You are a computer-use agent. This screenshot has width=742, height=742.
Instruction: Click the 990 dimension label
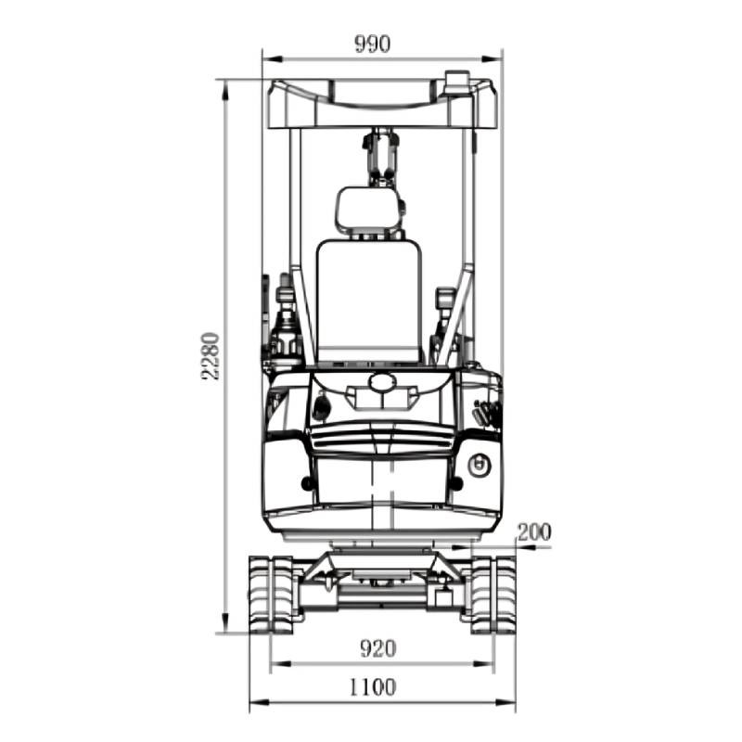point(373,44)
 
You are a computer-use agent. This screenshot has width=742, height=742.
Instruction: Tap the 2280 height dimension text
point(211,356)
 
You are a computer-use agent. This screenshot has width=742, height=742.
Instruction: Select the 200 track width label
point(534,532)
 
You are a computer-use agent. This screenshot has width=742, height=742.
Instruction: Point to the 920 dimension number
point(377,648)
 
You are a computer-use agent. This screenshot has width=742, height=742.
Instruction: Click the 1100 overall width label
point(373,687)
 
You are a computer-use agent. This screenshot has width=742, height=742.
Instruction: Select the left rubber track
point(271,595)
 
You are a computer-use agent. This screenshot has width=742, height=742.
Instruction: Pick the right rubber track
point(493,595)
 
